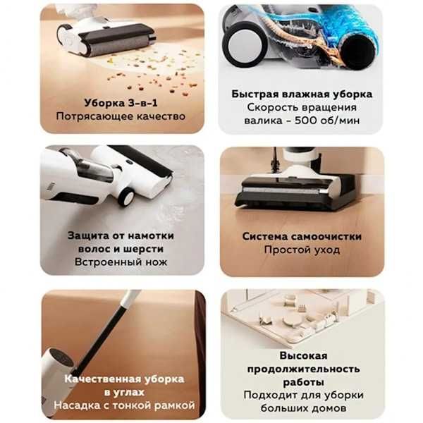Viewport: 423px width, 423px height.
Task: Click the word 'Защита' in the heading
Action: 90,235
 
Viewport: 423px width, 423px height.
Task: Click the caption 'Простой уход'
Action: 302,250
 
